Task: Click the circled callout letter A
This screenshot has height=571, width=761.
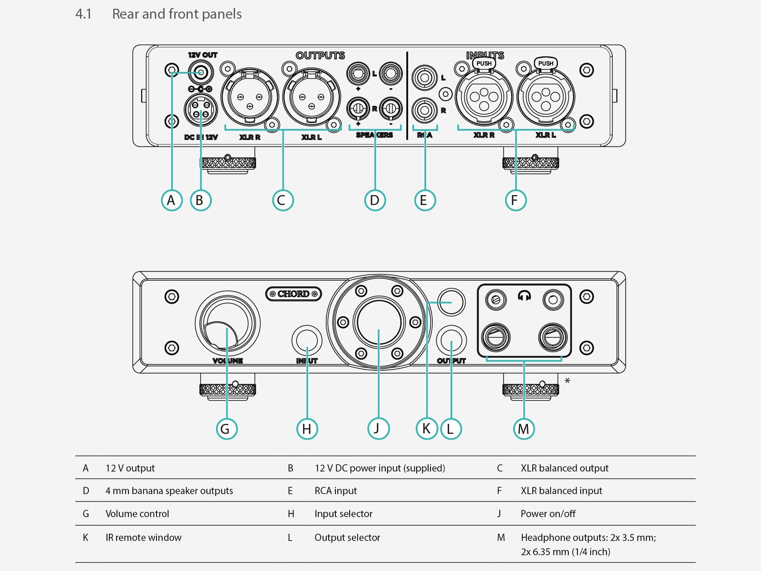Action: (171, 200)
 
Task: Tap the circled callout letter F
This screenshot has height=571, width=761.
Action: (515, 200)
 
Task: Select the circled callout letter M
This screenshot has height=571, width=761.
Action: (524, 429)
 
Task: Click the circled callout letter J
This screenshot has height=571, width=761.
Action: (378, 429)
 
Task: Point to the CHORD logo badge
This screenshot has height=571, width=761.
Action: (293, 294)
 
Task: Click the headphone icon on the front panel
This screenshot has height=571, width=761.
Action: (524, 296)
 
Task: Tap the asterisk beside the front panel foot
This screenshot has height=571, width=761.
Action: (567, 381)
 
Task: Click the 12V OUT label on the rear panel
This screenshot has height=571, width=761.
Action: (203, 55)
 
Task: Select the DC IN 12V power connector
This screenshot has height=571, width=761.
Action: (200, 109)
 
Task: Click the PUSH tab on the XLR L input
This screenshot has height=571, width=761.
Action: (546, 63)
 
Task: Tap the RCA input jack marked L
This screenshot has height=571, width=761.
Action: (424, 78)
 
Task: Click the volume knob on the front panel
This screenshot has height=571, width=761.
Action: (227, 324)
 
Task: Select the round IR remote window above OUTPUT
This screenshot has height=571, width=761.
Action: (451, 302)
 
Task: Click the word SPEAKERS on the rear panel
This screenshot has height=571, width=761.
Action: (374, 135)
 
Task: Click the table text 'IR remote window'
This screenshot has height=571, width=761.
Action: (143, 538)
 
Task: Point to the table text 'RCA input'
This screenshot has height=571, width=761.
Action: (335, 491)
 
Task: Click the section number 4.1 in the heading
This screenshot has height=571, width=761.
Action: (83, 14)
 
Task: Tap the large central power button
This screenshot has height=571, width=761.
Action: (379, 322)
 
